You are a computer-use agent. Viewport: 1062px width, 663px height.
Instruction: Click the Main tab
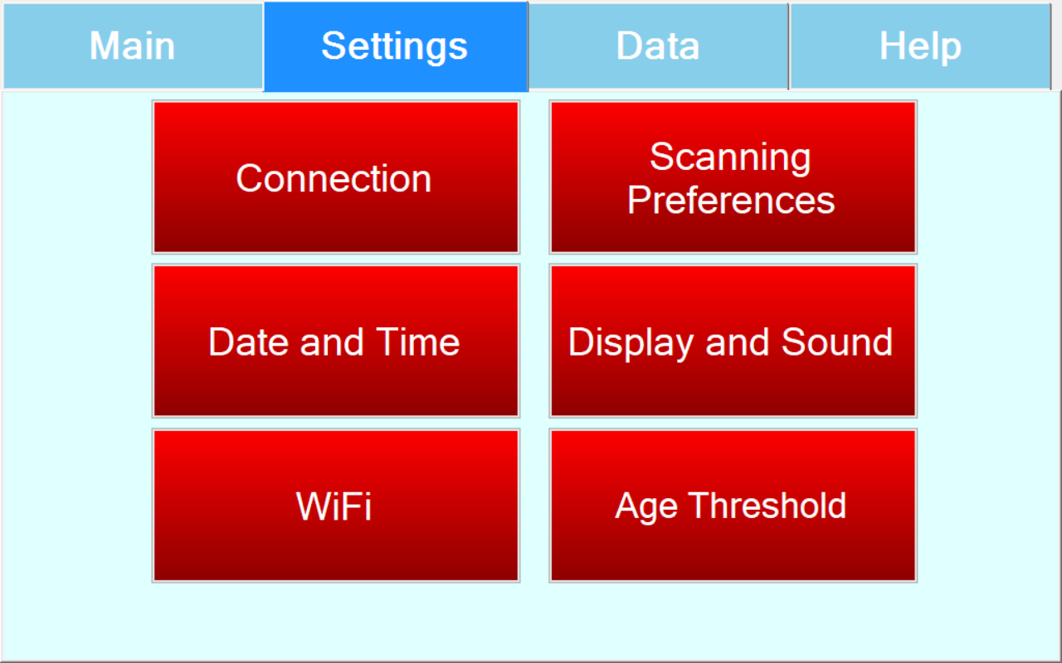[x=133, y=46]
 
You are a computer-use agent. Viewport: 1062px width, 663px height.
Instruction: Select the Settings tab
[x=396, y=46]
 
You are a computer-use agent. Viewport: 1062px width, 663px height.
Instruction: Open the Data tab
[x=659, y=46]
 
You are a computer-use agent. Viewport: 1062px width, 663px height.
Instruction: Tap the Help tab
[x=920, y=46]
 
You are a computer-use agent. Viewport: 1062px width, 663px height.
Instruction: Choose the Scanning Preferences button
[x=733, y=177]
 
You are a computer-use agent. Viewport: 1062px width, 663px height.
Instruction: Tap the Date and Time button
[x=336, y=341]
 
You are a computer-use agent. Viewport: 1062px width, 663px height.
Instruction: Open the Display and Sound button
[x=733, y=341]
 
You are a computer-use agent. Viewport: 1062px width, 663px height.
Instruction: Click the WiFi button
[x=336, y=506]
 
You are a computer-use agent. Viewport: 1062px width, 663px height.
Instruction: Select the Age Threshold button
[x=733, y=506]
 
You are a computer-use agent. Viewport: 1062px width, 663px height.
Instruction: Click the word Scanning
[x=730, y=157]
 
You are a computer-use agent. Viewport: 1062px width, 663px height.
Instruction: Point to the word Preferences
[x=731, y=201]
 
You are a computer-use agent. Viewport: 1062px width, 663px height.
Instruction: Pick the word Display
[x=631, y=343]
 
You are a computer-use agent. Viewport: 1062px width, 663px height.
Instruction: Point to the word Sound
[x=837, y=341]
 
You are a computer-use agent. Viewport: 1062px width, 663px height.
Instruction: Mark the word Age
[x=645, y=507]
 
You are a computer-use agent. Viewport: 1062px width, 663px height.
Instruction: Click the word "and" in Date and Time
[x=332, y=342]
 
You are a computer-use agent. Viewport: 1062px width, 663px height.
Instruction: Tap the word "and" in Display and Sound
[x=738, y=342]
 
